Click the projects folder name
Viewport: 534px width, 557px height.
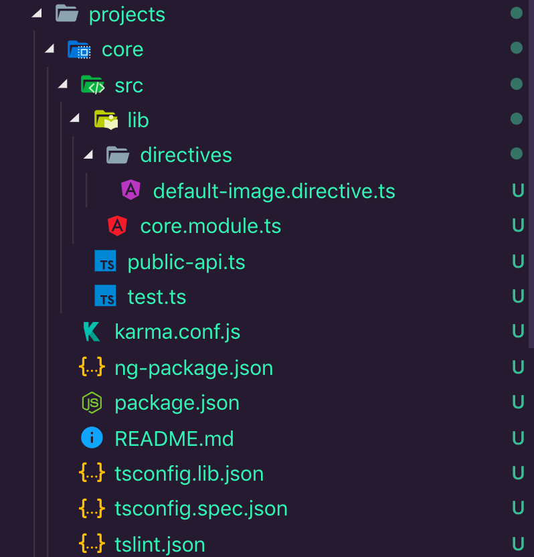[126, 14]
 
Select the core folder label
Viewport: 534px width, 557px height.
[122, 50]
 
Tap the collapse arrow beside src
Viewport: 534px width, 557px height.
[63, 84]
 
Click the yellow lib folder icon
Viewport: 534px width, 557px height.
[106, 120]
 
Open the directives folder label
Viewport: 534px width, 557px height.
[185, 155]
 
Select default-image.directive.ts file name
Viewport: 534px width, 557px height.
[274, 191]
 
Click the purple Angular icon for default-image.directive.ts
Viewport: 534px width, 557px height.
[130, 191]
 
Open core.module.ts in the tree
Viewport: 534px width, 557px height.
[210, 226]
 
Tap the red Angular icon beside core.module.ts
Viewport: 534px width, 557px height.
[118, 226]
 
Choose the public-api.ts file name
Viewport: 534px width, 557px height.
[186, 262]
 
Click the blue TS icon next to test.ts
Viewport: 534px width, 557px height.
[105, 296]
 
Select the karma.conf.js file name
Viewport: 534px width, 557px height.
[177, 331]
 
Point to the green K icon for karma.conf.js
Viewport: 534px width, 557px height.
[92, 331]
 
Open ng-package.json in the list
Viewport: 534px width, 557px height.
[193, 368]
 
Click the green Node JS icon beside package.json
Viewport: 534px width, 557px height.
[92, 403]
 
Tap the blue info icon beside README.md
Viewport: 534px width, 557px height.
[92, 439]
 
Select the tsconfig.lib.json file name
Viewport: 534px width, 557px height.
[189, 474]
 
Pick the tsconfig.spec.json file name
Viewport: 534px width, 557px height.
[201, 509]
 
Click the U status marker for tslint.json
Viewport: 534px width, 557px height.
[517, 544]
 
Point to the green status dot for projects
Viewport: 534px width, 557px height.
[516, 13]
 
